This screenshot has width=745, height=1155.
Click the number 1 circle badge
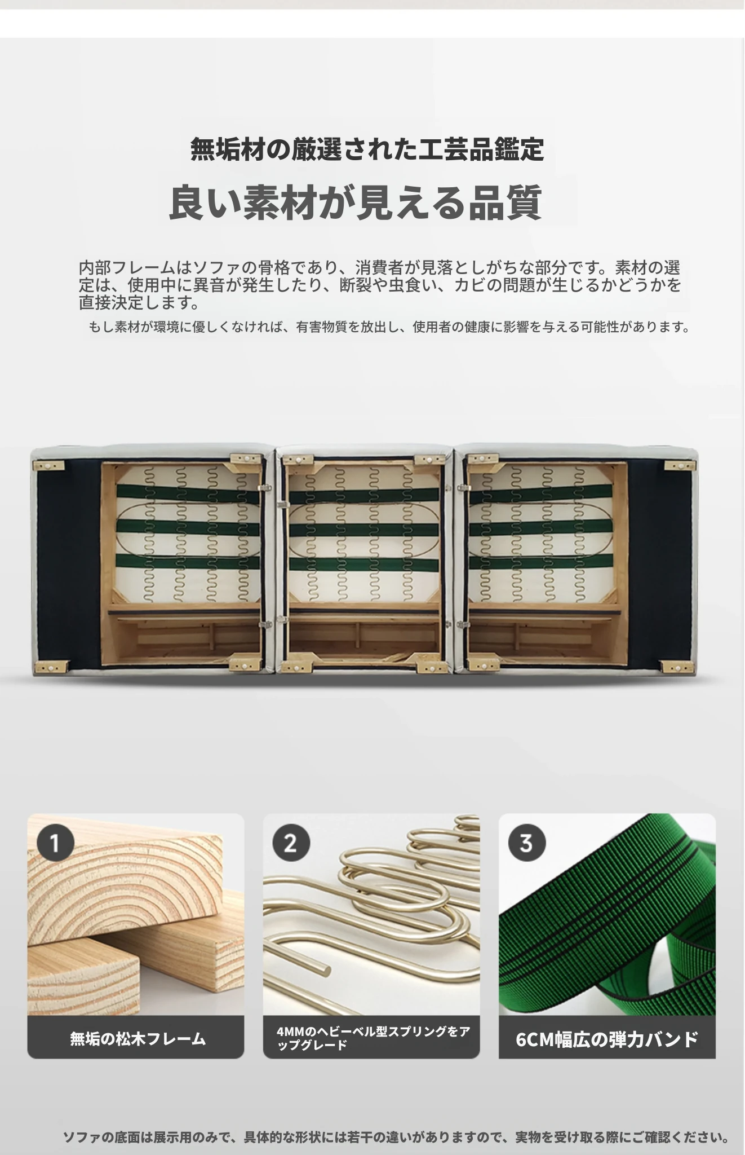click(x=56, y=843)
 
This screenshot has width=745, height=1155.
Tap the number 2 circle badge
click(x=291, y=843)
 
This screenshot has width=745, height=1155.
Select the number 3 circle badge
click(x=526, y=843)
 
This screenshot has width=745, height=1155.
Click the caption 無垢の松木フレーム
click(x=138, y=1038)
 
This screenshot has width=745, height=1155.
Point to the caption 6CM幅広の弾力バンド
click(x=607, y=1039)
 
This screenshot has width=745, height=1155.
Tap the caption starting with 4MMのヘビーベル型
click(x=373, y=1038)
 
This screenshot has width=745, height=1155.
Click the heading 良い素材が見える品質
click(x=356, y=202)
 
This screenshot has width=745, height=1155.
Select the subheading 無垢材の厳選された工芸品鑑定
click(x=367, y=149)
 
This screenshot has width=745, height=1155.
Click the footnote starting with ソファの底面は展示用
click(x=396, y=1137)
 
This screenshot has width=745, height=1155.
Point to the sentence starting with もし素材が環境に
click(x=389, y=327)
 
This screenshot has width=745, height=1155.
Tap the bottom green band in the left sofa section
click(x=188, y=562)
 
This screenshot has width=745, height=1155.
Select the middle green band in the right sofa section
click(x=540, y=529)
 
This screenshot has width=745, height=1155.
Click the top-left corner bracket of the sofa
click(x=48, y=466)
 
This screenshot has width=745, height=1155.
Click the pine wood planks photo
click(x=136, y=914)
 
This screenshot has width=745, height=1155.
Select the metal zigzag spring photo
click(x=371, y=914)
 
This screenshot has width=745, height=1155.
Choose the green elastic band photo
click(x=607, y=914)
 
